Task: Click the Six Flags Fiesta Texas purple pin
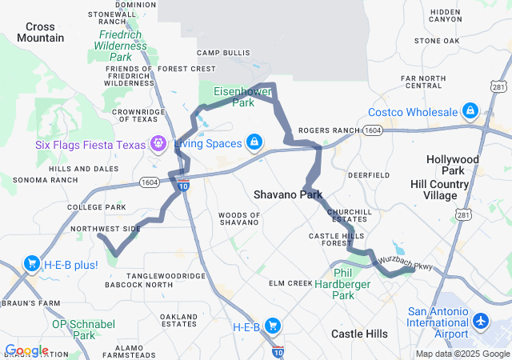tap(158, 144)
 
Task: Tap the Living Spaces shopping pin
tap(254, 142)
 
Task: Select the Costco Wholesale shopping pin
tap(470, 110)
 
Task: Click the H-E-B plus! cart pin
tap(33, 264)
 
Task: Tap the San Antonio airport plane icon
tap(481, 322)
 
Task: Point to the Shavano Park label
tap(288, 194)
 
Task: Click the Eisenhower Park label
tap(243, 97)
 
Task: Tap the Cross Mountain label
tap(40, 32)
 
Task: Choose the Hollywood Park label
tap(453, 165)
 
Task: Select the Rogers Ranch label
tap(330, 130)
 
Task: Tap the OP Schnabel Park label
tap(83, 330)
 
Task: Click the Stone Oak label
tap(437, 40)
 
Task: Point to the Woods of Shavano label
tap(239, 218)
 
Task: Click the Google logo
tap(26, 350)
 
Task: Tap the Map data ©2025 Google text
tap(462, 354)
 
